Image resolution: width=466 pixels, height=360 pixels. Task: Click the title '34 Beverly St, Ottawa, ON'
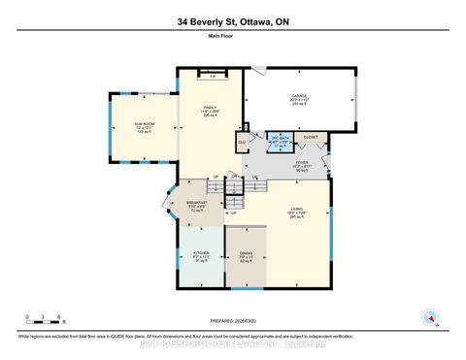coord(232,20)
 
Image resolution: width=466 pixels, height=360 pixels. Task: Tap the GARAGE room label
coord(299,97)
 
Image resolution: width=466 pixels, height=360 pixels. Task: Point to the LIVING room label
coord(292,214)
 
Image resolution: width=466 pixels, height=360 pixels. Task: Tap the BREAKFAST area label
coord(197,204)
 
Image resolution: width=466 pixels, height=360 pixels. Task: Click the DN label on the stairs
coord(234,176)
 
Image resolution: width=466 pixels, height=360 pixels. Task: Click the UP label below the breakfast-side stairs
coord(234,214)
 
